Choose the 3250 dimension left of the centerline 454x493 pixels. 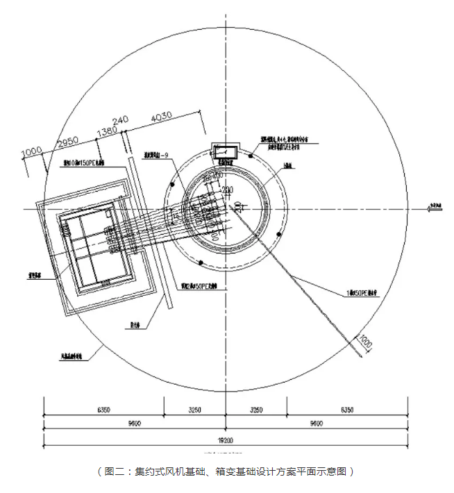(194, 410)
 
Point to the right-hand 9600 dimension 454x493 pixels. (315, 423)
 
